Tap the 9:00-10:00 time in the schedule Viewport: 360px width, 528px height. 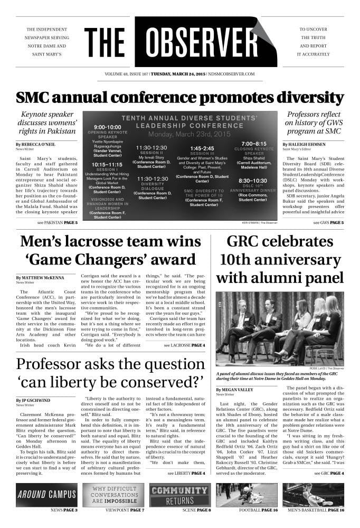(108, 127)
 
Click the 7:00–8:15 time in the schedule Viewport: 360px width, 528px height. (253, 144)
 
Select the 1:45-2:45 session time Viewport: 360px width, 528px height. (202, 148)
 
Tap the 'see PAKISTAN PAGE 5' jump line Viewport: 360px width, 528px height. (54, 223)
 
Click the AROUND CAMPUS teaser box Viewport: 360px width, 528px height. (47, 495)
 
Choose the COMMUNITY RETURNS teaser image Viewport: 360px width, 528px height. (180, 495)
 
